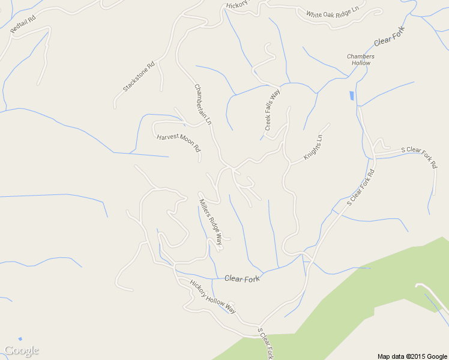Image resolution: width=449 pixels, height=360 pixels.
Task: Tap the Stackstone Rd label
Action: pos(139,76)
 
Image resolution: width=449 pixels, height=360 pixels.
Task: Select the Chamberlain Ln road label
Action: pos(203,104)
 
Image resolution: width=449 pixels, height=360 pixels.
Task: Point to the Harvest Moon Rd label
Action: pos(178,143)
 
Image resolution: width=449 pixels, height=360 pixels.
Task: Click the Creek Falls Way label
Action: pos(273,110)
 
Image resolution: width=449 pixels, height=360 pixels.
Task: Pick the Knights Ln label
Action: pos(313,146)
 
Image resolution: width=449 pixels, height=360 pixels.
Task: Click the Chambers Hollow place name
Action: pos(361,59)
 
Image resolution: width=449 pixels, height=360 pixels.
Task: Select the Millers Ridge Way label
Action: pos(211,221)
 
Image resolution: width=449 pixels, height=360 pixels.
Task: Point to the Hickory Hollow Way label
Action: pos(213,296)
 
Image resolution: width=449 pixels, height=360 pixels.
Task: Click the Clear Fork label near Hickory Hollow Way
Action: pos(242,278)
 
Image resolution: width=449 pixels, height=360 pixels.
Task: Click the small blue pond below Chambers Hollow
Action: pos(351,95)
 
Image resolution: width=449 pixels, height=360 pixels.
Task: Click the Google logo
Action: pos(21,350)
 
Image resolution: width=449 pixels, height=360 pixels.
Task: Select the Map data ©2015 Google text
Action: pos(412,356)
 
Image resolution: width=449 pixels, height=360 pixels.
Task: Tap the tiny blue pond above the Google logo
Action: pos(20,339)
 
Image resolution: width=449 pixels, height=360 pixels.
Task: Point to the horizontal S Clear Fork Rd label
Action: pos(419,155)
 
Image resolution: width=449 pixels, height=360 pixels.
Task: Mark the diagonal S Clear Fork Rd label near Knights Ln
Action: pos(360,188)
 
